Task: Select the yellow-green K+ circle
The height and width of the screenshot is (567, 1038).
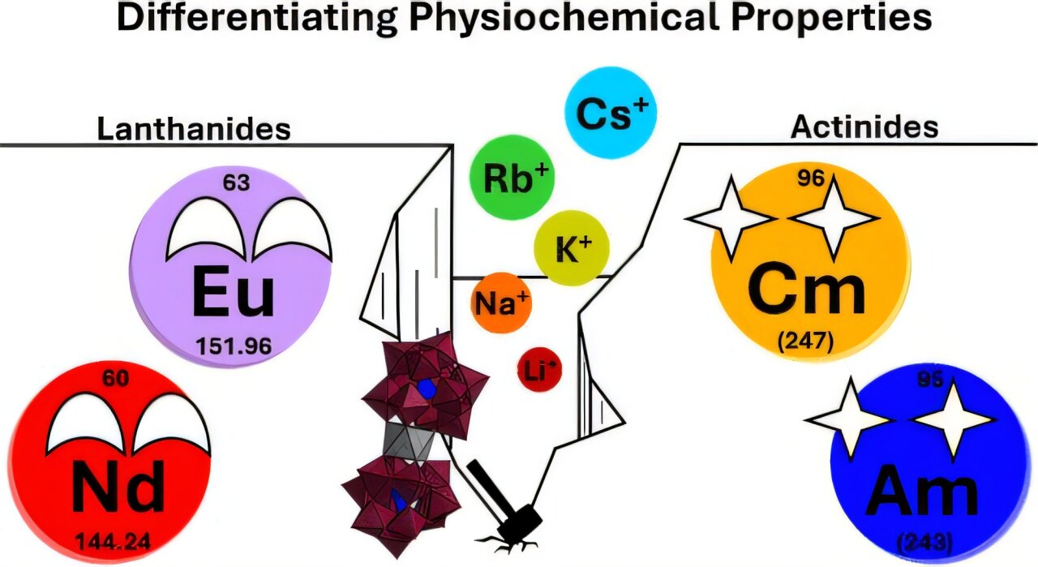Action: click(x=571, y=248)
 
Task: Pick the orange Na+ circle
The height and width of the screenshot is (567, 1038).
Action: click(x=501, y=303)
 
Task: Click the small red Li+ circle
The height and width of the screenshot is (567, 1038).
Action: click(x=538, y=370)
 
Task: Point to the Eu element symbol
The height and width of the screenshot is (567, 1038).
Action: click(x=233, y=293)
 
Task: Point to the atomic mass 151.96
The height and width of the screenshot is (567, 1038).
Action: click(x=234, y=346)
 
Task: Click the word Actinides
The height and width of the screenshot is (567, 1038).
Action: click(x=864, y=127)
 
